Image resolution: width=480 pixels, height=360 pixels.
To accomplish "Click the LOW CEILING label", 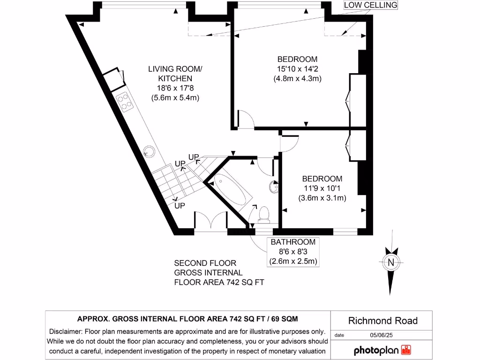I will (x=370, y=5).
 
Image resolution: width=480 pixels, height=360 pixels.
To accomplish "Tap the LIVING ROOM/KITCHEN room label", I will (x=175, y=73).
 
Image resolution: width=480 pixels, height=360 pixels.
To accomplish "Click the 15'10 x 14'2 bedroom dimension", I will (x=297, y=69).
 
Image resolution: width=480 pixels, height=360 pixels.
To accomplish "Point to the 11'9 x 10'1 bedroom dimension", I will (x=322, y=188).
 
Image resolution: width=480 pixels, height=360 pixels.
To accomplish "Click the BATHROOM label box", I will (x=293, y=252).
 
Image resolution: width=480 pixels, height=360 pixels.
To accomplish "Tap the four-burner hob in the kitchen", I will (x=125, y=102).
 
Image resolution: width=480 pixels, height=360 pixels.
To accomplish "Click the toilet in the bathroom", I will (x=264, y=214).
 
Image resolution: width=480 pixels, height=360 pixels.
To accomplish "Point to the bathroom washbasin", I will (x=273, y=187).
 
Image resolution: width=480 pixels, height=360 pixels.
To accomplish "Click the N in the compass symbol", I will (x=390, y=262).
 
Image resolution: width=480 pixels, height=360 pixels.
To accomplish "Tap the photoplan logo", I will (x=382, y=350).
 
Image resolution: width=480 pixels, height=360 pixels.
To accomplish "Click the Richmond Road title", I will (x=382, y=321).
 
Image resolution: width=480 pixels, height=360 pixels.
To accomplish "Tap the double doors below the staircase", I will (x=210, y=222).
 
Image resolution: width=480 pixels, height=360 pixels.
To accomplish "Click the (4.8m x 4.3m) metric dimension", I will (x=297, y=79).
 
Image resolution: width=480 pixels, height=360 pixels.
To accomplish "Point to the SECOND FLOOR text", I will (x=205, y=263).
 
